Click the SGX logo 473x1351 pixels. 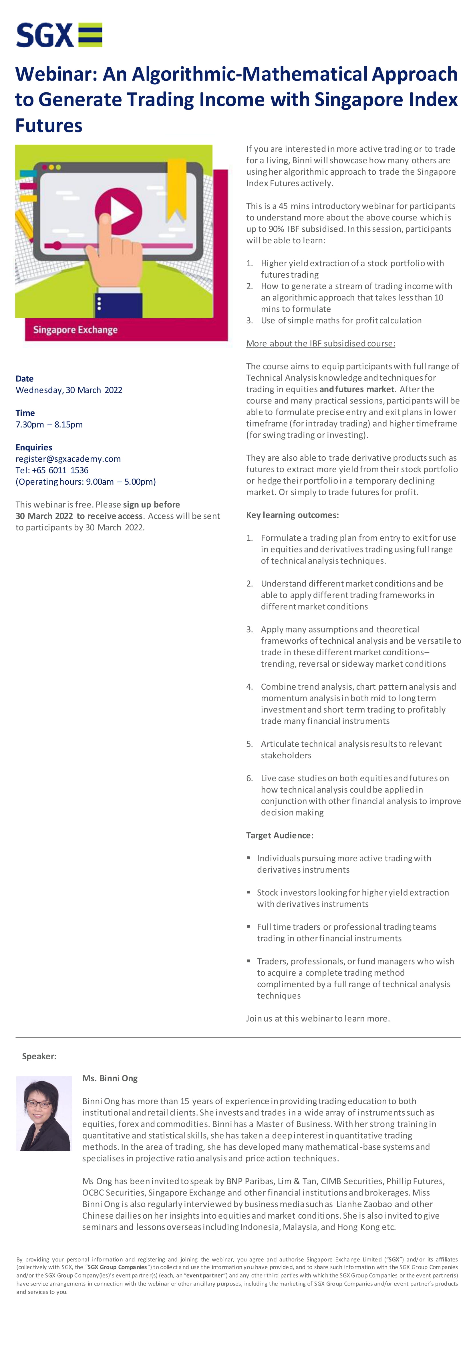click(x=59, y=35)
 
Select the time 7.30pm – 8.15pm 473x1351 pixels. click(x=49, y=424)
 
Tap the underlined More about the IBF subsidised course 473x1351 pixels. click(x=320, y=343)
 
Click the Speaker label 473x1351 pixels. click(x=39, y=1056)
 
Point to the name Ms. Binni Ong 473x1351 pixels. click(x=110, y=1078)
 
